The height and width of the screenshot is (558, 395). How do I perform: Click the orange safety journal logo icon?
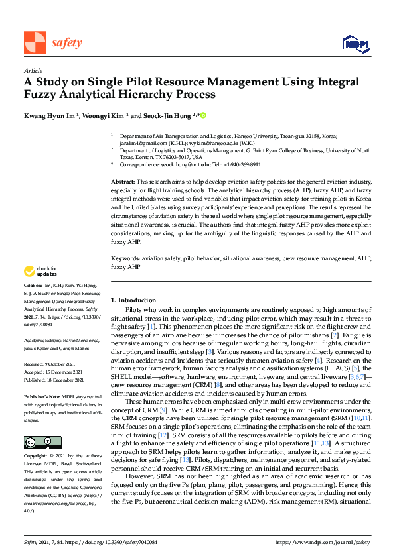point(34,42)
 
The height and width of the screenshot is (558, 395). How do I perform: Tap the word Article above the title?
point(33,70)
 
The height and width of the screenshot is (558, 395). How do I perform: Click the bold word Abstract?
point(123,181)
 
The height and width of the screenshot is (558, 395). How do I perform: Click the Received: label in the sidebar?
point(36,364)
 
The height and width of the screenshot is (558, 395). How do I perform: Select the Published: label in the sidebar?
point(37,380)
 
